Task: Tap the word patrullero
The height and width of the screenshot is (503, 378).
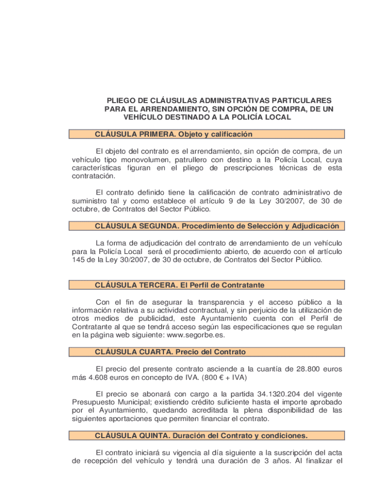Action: click(187, 160)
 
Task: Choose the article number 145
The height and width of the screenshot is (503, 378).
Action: click(79, 260)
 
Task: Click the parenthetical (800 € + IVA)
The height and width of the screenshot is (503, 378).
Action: click(222, 377)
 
